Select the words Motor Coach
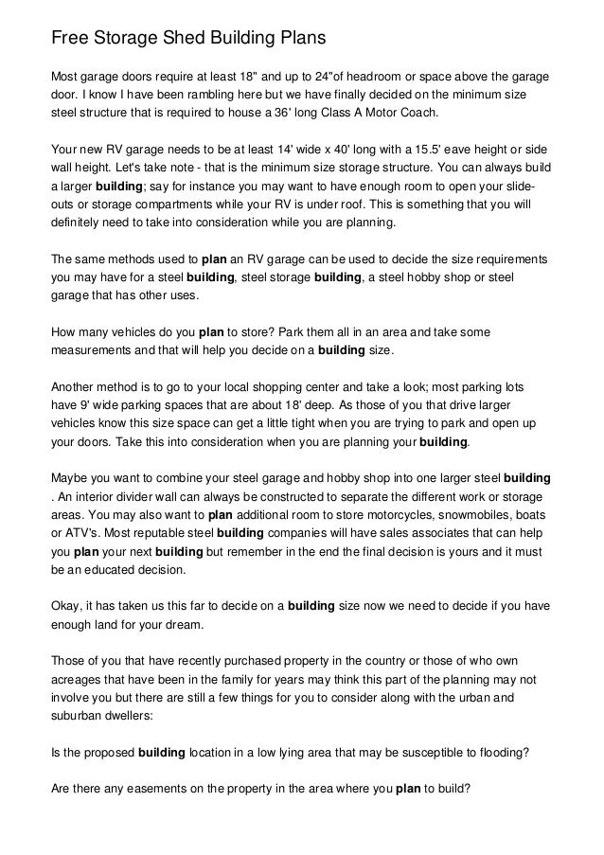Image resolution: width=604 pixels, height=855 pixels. point(411,114)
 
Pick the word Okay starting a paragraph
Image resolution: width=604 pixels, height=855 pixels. point(65,603)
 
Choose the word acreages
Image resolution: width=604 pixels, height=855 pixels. point(78,679)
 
